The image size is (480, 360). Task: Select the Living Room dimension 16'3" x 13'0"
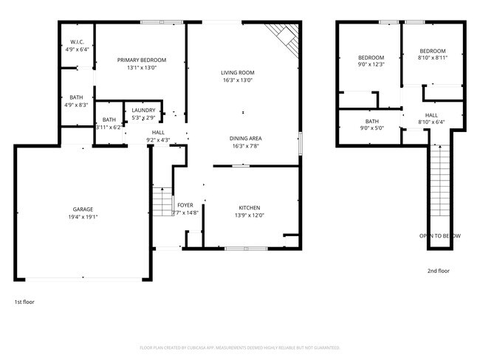click(237, 80)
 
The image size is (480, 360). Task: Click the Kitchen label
click(249, 207)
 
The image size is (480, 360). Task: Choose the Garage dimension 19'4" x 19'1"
click(83, 218)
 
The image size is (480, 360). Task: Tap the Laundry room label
click(143, 111)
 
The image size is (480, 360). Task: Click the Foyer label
click(185, 205)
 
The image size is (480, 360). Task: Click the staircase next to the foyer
click(162, 199)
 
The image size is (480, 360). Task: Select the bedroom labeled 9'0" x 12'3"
click(371, 58)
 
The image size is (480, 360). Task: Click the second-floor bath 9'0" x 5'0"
click(371, 122)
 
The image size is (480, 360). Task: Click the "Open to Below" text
click(440, 235)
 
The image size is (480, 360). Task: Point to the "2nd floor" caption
click(438, 271)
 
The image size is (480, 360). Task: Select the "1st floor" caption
click(24, 302)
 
